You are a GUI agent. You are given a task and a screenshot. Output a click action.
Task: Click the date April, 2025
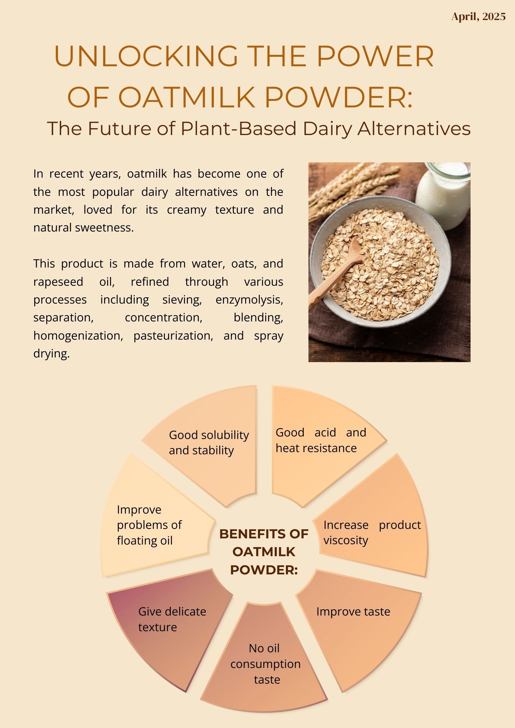(478, 17)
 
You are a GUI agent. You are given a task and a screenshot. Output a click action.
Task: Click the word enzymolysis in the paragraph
(249, 300)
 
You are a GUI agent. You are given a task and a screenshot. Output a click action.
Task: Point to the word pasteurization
(173, 336)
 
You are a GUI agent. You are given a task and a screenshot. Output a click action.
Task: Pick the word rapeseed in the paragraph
(58, 282)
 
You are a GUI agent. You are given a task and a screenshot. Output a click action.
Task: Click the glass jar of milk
(443, 195)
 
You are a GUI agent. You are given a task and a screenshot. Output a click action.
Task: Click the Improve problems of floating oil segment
(153, 524)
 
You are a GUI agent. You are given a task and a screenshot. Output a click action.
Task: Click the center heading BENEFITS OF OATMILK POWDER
(264, 552)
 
